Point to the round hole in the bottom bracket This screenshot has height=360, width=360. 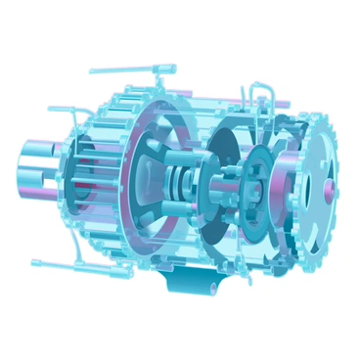(209, 288)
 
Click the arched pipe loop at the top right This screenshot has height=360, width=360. (260, 91)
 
